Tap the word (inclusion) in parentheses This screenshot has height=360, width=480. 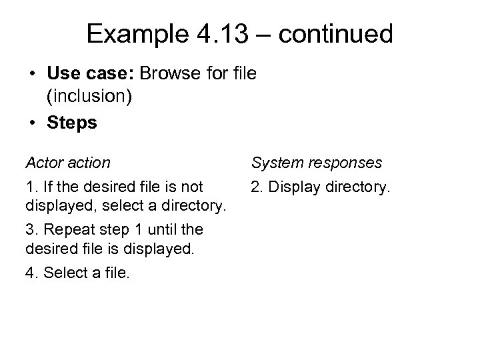pos(89,97)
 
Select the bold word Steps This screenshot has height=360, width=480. pos(71,123)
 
